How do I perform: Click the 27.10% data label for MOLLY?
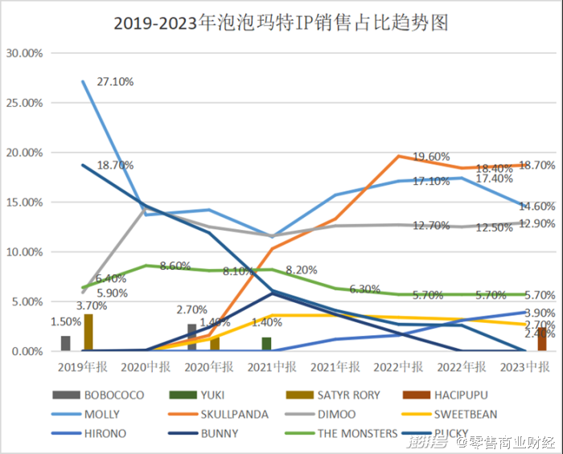pyautogui.click(x=115, y=82)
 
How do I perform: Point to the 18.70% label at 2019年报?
pyautogui.click(x=115, y=165)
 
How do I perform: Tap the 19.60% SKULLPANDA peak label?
pyautogui.click(x=431, y=156)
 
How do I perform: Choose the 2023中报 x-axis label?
pyautogui.click(x=524, y=366)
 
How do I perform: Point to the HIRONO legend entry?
pyautogui.click(x=105, y=434)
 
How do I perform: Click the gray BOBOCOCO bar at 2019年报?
pyautogui.click(x=65, y=343)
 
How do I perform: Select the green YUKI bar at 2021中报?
pyautogui.click(x=266, y=344)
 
